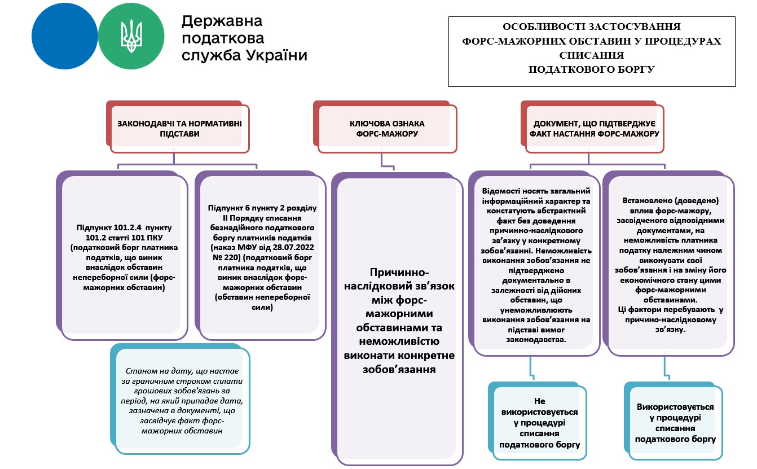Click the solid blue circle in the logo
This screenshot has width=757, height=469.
[x=64, y=36]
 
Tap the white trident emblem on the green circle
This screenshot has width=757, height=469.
[x=131, y=36]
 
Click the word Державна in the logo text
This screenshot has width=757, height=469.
[x=222, y=21]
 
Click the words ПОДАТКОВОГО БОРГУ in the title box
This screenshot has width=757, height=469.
[x=591, y=69]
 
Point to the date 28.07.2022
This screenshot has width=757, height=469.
[x=293, y=248]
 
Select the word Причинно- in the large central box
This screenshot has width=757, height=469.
[x=399, y=272]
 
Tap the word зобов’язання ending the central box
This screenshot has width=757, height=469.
[x=399, y=370]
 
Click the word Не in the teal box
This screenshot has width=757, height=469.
[x=539, y=401]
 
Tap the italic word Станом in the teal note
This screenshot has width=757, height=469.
[x=138, y=371]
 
